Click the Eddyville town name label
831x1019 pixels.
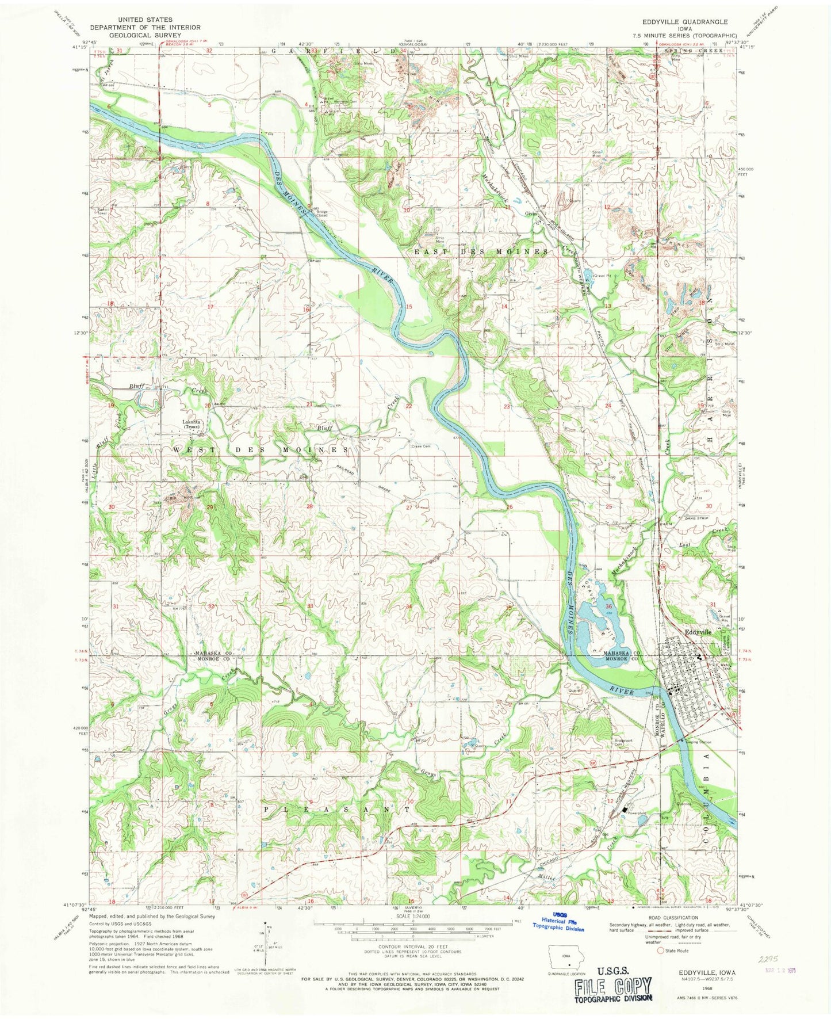pos(698,631)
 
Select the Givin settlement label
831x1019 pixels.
pos(531,212)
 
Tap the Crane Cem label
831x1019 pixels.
pos(420,446)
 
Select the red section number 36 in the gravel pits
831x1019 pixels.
pos(608,606)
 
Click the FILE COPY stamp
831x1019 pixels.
pos(613,986)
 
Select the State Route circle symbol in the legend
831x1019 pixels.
pos(660,951)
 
